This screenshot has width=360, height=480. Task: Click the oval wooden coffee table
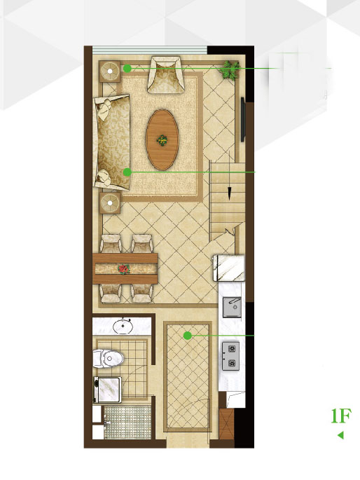(162, 140)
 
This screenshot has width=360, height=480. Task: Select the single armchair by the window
(166, 74)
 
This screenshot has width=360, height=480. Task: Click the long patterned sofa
(112, 142)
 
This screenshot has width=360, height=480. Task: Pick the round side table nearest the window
(109, 71)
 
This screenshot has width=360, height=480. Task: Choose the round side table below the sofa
(110, 203)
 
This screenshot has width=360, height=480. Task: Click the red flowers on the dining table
(123, 269)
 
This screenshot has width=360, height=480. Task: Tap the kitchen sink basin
(232, 307)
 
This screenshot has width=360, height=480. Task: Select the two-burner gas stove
(230, 356)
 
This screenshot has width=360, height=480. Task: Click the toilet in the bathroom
(108, 358)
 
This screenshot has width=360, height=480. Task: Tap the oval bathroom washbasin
(123, 326)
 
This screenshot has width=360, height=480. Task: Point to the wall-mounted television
(242, 119)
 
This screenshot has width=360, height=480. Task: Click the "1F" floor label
(341, 416)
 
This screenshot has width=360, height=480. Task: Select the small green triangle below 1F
(340, 434)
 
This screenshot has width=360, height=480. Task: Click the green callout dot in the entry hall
(188, 336)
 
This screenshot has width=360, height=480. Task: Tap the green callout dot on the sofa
(127, 172)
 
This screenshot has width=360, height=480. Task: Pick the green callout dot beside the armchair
(127, 68)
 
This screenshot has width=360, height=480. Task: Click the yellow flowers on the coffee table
(162, 141)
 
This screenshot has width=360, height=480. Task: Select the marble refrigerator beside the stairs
(229, 268)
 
